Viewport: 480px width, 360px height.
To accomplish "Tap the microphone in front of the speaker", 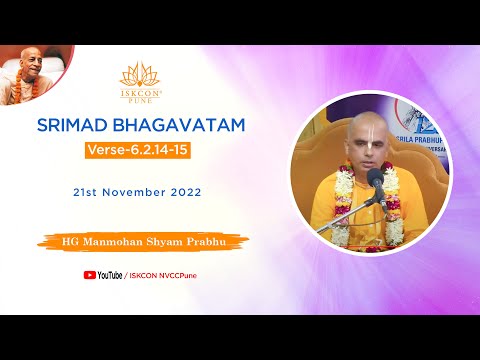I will coord(377,180).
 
